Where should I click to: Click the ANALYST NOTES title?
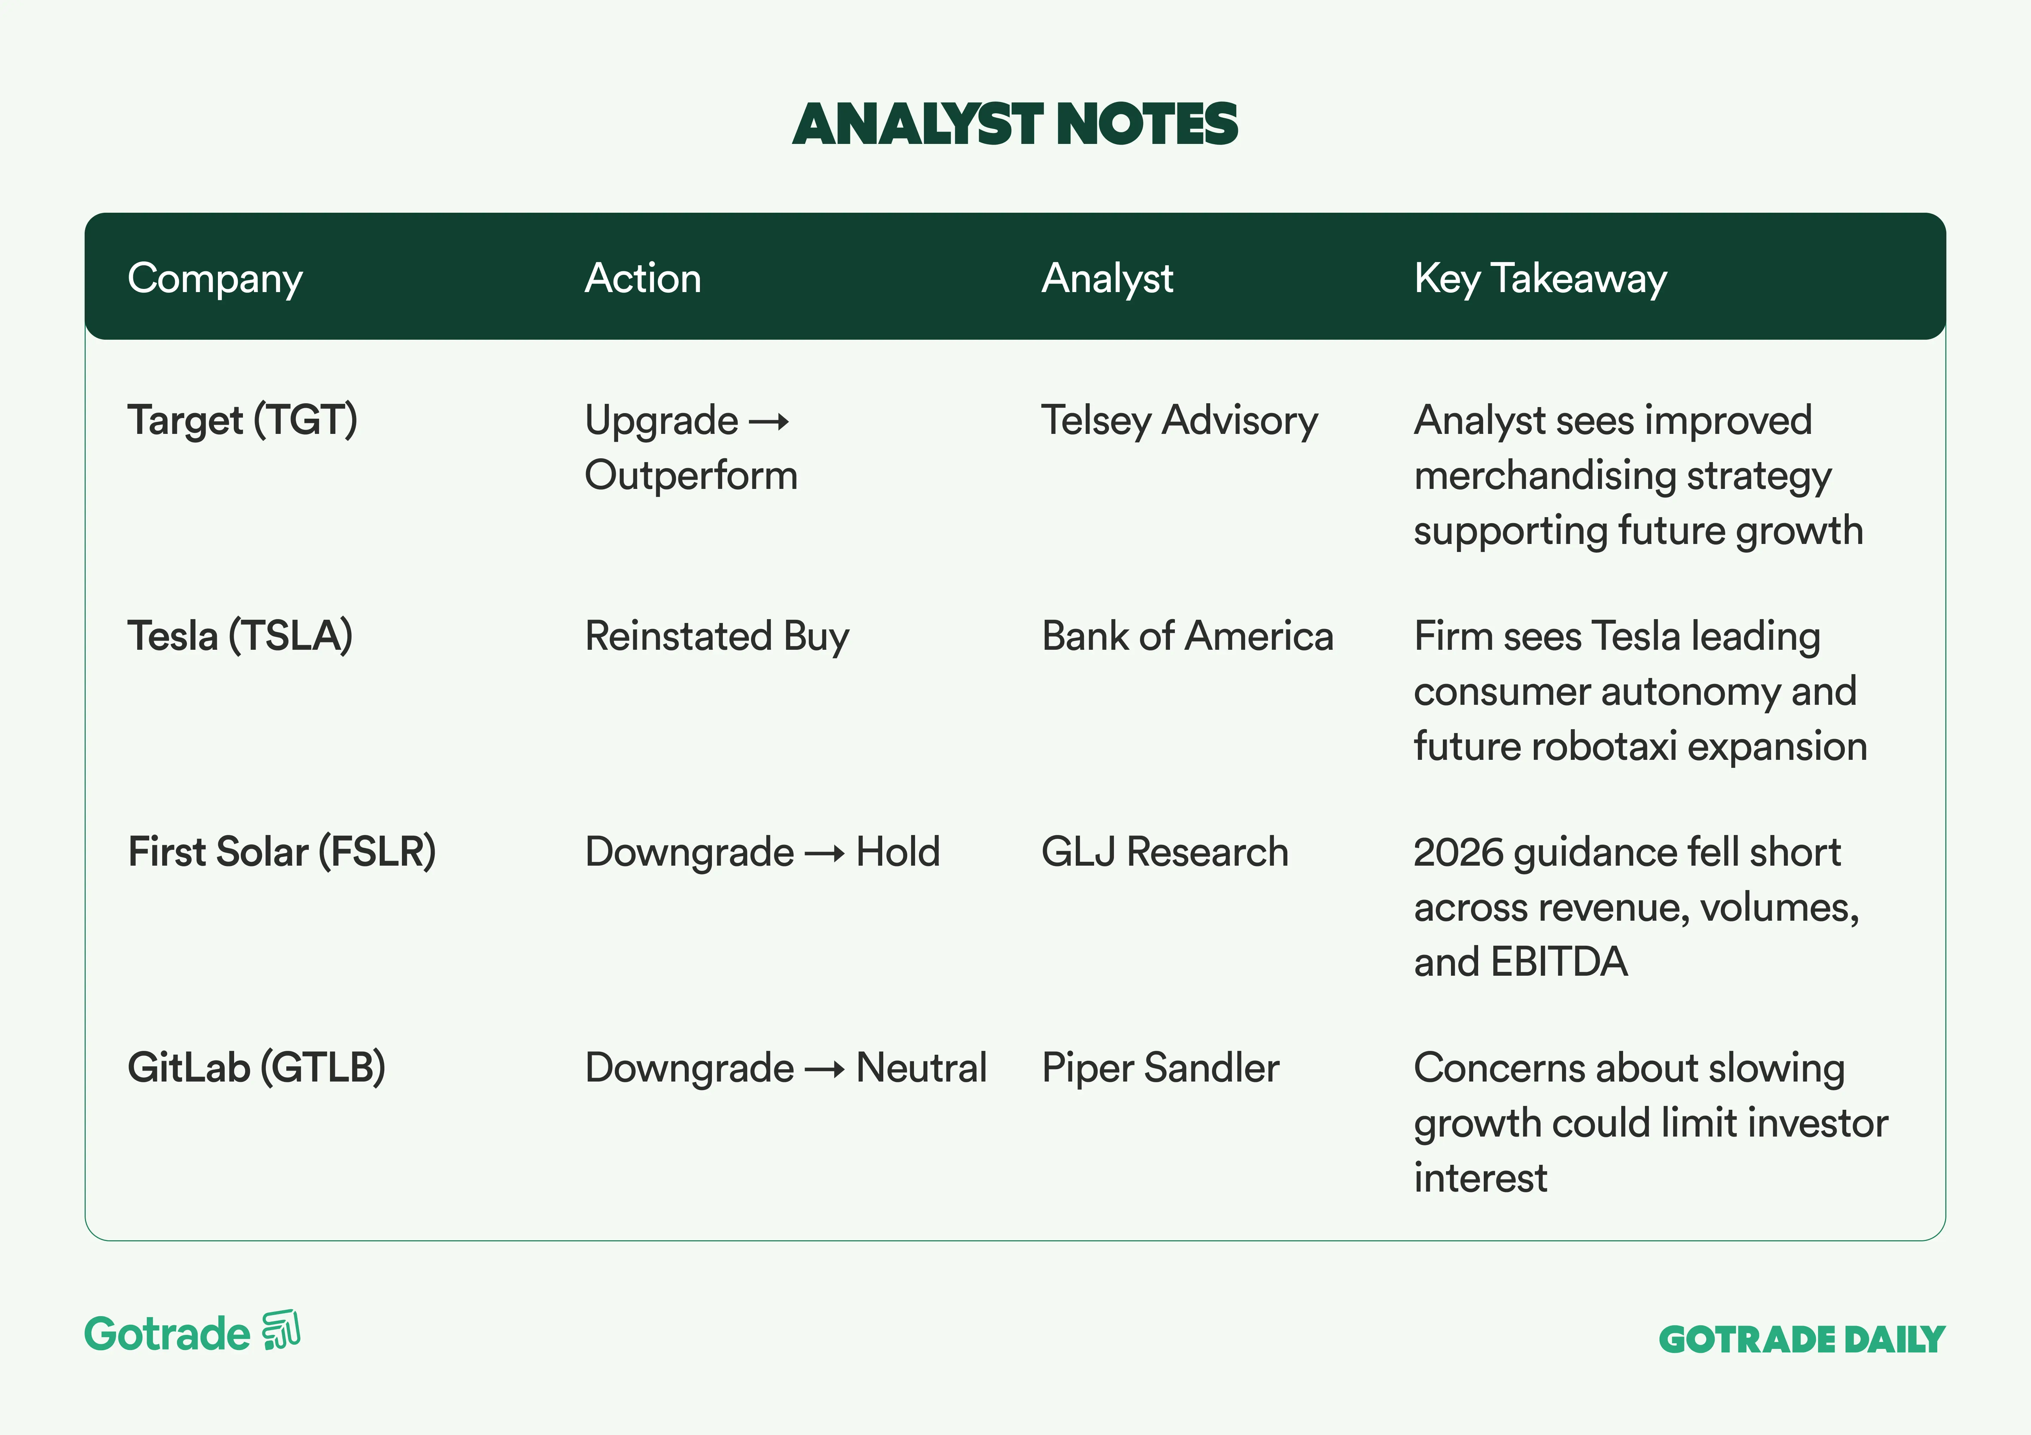coord(1014,124)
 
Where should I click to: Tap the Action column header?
coord(643,279)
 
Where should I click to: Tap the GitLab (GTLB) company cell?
coord(257,1068)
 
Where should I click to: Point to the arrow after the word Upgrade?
coord(769,423)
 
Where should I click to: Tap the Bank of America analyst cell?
coord(1187,636)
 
